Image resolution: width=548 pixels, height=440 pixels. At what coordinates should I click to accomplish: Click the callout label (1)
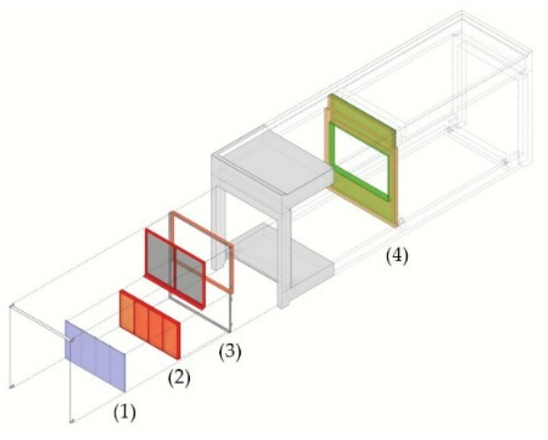point(124,413)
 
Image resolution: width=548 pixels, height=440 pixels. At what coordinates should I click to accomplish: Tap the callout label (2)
point(179,378)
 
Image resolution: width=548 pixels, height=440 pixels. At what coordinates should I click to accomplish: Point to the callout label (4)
point(396,256)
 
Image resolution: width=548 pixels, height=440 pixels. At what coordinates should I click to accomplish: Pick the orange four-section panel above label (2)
point(149,324)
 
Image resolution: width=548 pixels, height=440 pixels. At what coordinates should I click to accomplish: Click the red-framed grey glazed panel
point(175,267)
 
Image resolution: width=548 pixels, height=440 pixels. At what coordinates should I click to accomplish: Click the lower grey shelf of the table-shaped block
point(280,255)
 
